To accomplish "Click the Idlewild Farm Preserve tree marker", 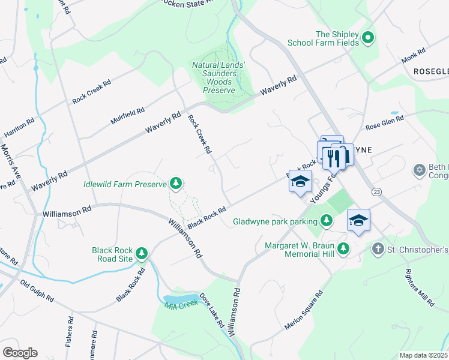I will (x=176, y=183).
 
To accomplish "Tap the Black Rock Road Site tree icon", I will (x=142, y=253).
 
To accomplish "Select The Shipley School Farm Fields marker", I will (x=368, y=38).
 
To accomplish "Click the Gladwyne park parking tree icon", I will (x=326, y=221).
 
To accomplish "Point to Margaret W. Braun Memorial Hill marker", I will (x=343, y=248).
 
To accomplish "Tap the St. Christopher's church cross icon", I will (x=378, y=248).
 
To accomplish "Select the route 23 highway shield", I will (x=376, y=191).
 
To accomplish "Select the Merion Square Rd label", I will (x=304, y=310).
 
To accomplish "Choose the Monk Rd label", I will (x=413, y=58).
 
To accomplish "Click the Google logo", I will (x=20, y=353).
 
